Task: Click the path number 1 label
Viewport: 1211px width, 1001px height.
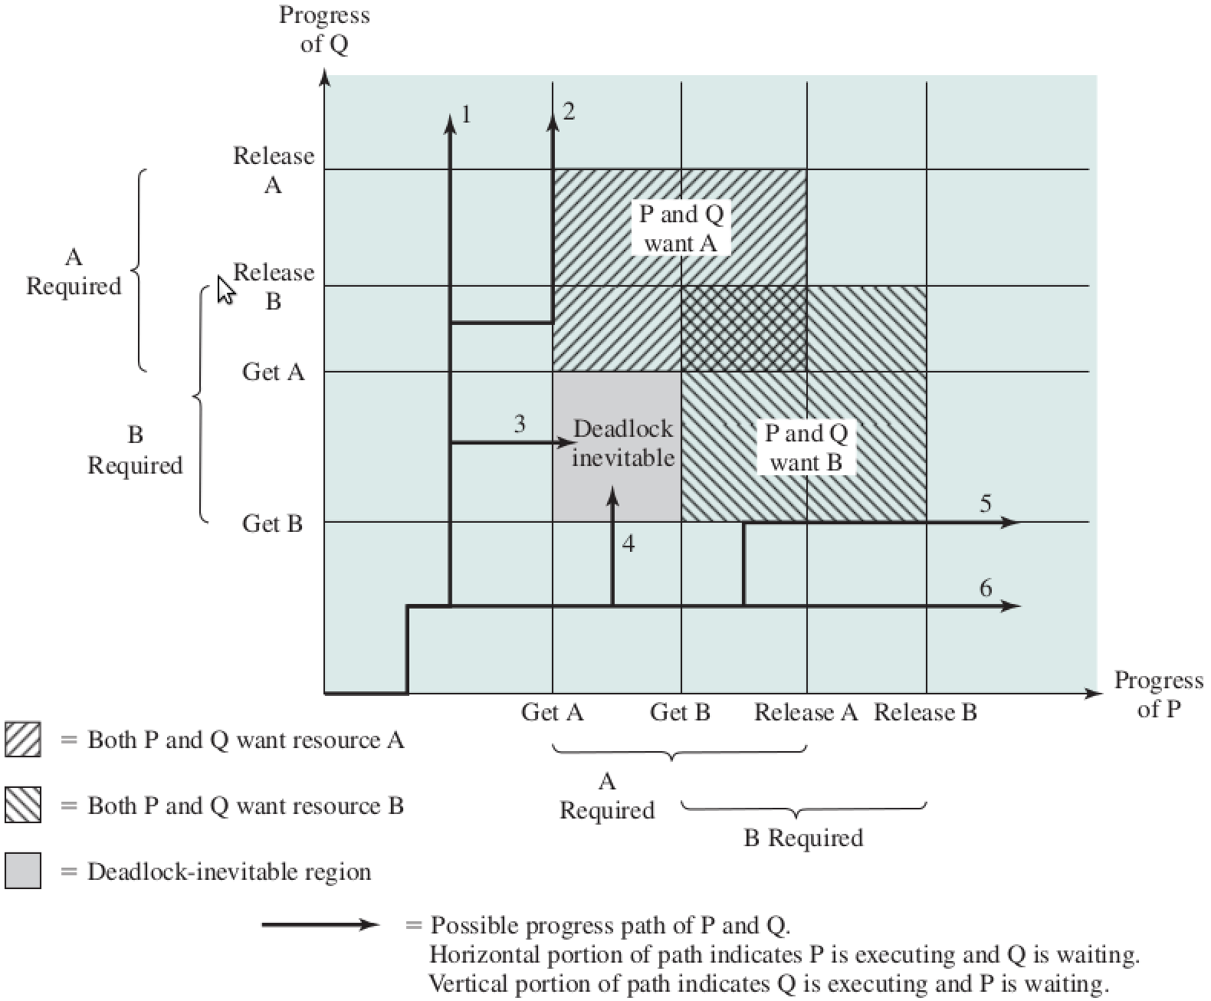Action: (466, 115)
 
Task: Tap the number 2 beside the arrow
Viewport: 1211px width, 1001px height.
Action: (568, 112)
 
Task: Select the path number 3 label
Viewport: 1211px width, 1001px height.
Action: (520, 424)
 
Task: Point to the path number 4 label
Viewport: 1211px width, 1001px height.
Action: (628, 543)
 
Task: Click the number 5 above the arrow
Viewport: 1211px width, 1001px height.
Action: (986, 504)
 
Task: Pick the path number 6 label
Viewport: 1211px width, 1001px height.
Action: (986, 588)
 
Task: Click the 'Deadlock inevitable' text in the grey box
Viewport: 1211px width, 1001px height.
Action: (622, 443)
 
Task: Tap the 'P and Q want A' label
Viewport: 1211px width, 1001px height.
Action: (681, 228)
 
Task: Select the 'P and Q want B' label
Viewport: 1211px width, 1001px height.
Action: (806, 448)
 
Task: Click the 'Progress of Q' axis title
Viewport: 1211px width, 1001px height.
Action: (324, 29)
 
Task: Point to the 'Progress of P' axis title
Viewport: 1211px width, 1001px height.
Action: (1158, 694)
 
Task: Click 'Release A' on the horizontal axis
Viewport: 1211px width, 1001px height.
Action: (806, 713)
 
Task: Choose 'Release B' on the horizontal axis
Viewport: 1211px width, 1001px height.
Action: (926, 713)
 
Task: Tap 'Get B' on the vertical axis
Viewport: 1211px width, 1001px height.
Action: (272, 523)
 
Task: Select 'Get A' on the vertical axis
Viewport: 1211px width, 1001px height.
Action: (273, 372)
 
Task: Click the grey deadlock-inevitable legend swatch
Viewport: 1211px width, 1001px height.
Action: (23, 871)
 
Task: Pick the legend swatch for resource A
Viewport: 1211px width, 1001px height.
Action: (23, 740)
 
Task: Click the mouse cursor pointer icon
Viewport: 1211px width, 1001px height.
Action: (225, 290)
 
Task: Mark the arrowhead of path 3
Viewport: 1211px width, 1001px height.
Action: (568, 443)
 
